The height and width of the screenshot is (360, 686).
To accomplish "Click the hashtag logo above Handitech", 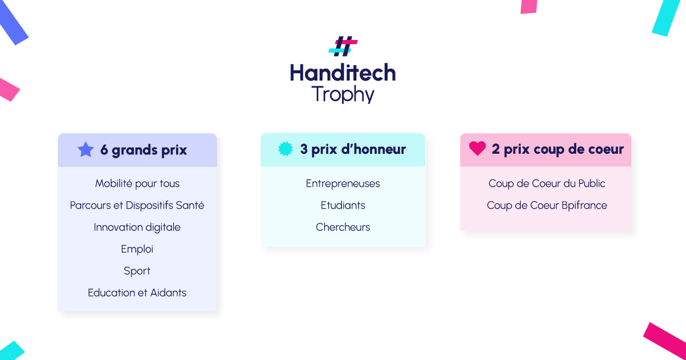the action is pos(343,46).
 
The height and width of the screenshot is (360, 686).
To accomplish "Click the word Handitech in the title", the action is pos(343,73).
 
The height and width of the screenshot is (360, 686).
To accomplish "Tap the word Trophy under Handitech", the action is pos(343,94).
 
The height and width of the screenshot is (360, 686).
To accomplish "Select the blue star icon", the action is pos(86,149).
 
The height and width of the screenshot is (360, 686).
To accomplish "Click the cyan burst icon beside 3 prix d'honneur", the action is pos(285,149).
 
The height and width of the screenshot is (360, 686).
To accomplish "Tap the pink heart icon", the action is pos(477,149).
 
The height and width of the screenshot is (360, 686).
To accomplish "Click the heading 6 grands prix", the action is pos(143,150).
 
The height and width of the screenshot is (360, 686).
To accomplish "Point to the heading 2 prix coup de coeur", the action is pos(558,149).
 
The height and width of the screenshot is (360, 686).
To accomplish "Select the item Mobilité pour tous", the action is pos(137,183).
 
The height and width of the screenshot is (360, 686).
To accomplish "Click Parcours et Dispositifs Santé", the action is pos(137,205).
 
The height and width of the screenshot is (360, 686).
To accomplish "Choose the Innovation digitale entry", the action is pos(137,227).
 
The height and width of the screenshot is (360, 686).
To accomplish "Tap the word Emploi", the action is pos(137,249).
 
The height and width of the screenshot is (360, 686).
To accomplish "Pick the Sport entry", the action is pos(137,271).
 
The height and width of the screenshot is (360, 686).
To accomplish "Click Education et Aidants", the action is pos(137,293).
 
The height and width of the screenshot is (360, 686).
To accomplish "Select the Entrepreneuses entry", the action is pos(342,183).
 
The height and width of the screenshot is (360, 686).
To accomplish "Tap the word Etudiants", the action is pos(342,205).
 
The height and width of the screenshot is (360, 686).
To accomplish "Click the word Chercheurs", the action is pos(342,227).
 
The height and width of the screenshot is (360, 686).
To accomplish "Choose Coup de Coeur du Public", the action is pos(547,183).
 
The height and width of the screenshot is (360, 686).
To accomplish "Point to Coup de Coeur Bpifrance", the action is pos(547,205).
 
